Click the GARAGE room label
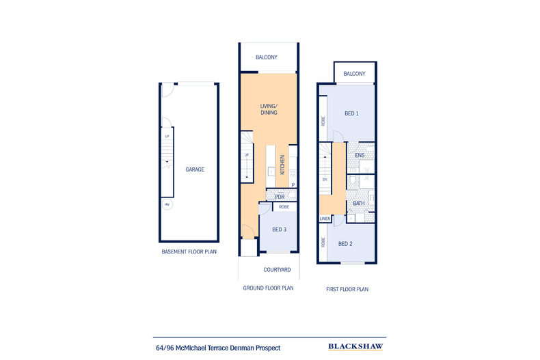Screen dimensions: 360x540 (195, 169)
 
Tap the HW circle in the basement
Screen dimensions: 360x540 (165, 204)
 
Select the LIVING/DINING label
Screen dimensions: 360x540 (268, 110)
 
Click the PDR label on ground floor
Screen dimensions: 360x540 (280, 197)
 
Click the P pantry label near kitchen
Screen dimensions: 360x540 (293, 185)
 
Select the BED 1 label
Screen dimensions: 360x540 (351, 113)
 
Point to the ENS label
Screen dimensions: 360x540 (359, 156)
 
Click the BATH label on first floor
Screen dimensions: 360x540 (359, 204)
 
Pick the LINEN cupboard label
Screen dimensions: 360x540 (325, 219)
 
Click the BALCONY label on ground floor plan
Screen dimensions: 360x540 (267, 57)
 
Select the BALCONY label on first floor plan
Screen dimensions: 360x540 (354, 74)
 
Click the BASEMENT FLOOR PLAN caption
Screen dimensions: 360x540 (189, 251)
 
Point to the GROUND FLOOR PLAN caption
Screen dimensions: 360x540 (268, 288)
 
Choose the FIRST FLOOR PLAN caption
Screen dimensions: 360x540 (346, 289)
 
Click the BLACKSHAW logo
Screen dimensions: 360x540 (354, 347)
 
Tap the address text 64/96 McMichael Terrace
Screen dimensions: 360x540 (217, 348)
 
